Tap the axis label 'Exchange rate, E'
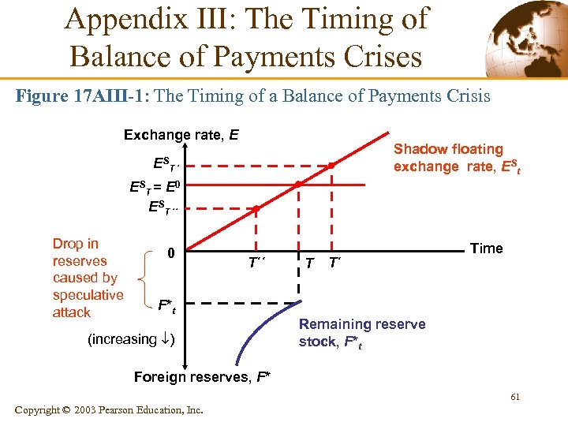pos(181,135)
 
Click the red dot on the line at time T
pos(298,185)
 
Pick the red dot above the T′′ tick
pos(256,209)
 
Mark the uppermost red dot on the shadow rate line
pos(332,166)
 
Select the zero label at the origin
pos(170,253)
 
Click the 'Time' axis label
pos(486,248)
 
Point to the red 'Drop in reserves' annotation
pos(87,278)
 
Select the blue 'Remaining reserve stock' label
pos(361,333)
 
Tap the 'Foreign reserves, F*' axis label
pos(200,377)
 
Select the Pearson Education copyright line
pos(108,410)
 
